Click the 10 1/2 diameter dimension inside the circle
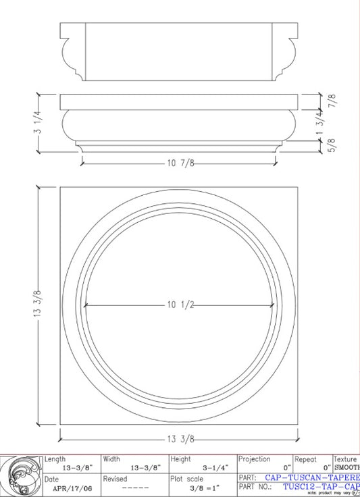[180, 305]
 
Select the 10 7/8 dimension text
[180, 163]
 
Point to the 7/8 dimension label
[332, 101]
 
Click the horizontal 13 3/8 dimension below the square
[180, 439]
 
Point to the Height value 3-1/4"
[215, 467]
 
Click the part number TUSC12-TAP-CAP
[321, 486]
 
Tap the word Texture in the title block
[346, 459]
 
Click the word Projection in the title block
[255, 459]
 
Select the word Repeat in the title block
[305, 459]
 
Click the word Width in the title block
[112, 459]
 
